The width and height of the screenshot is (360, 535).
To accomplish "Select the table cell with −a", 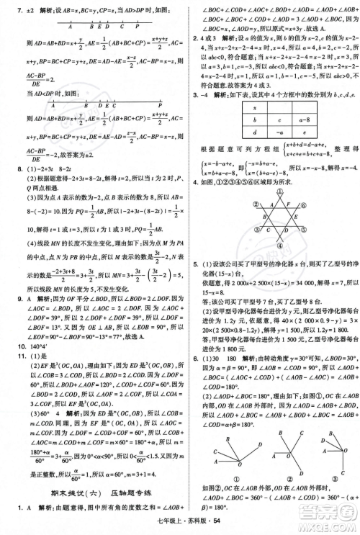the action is [x=276, y=133].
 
